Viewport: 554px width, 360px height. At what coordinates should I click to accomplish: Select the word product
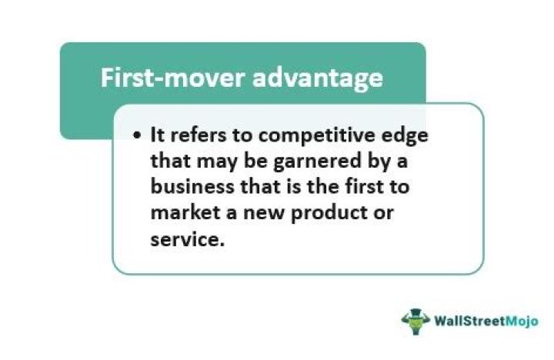click(x=319, y=212)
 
